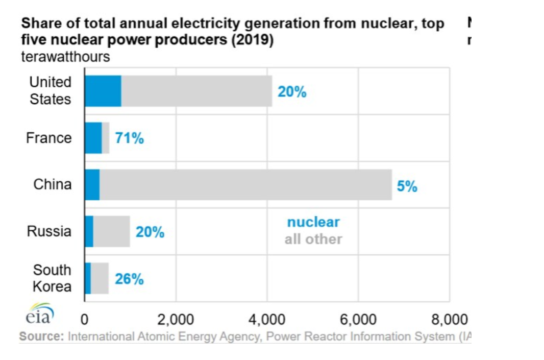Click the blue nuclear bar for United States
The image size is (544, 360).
[103, 91]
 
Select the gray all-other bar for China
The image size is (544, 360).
[245, 184]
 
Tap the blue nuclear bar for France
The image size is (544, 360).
[93, 138]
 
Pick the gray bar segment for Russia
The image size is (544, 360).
[111, 231]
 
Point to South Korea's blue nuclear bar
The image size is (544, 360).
[88, 278]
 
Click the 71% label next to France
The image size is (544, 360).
[129, 138]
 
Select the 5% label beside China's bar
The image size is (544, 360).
[407, 186]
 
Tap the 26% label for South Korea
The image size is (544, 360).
[129, 280]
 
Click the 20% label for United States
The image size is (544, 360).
[292, 92]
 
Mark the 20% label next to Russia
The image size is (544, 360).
[150, 232]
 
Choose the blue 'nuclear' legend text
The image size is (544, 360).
[313, 222]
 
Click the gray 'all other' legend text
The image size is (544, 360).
[313, 239]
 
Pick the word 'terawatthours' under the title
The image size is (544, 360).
[65, 57]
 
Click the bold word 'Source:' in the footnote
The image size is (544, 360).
[42, 337]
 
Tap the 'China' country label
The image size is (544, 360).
[53, 184]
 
